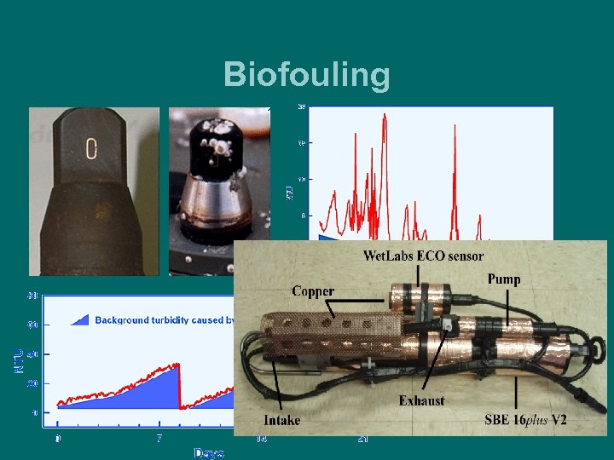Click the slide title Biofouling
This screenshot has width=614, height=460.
(x=306, y=75)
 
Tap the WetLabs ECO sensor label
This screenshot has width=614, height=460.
(x=424, y=256)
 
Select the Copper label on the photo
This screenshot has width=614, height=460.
(x=313, y=291)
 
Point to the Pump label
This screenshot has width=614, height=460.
(x=504, y=279)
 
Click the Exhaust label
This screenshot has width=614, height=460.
(x=421, y=400)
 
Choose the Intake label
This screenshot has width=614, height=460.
(x=281, y=420)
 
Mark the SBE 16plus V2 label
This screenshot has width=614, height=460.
(x=525, y=420)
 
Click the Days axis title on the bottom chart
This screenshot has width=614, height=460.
(x=208, y=452)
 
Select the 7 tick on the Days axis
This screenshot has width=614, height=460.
(x=159, y=439)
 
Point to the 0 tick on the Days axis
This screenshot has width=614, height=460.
(x=58, y=439)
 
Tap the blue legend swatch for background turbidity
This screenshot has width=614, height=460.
(x=79, y=319)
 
